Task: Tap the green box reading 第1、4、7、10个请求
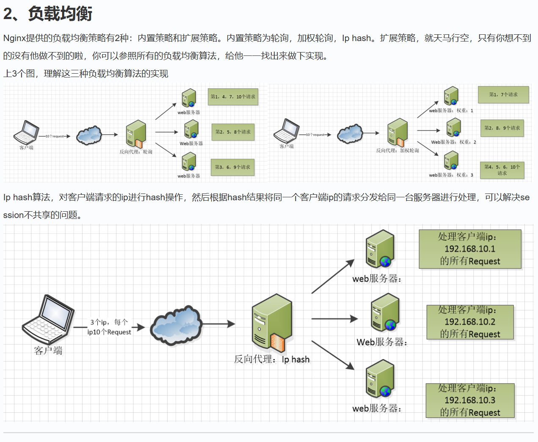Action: tap(233, 97)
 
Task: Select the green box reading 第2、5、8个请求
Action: tap(233, 132)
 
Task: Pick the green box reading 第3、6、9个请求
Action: tap(232, 167)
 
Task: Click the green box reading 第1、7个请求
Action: tap(503, 94)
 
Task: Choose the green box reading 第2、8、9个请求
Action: tap(502, 127)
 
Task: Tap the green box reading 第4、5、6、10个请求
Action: tap(502, 170)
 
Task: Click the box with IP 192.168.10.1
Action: tap(470, 249)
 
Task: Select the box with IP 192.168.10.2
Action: tap(470, 322)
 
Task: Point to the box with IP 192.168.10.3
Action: tap(470, 400)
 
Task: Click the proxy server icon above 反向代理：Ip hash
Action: tap(272, 323)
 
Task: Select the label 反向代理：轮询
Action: tap(135, 152)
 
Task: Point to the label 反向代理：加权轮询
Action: tap(397, 150)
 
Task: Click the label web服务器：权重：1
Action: tap(451, 110)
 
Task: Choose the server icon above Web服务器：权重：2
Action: tap(453, 127)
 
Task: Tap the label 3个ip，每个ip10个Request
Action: tap(109, 327)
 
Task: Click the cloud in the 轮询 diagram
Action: tap(89, 135)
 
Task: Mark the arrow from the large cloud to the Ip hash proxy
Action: tap(218, 324)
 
